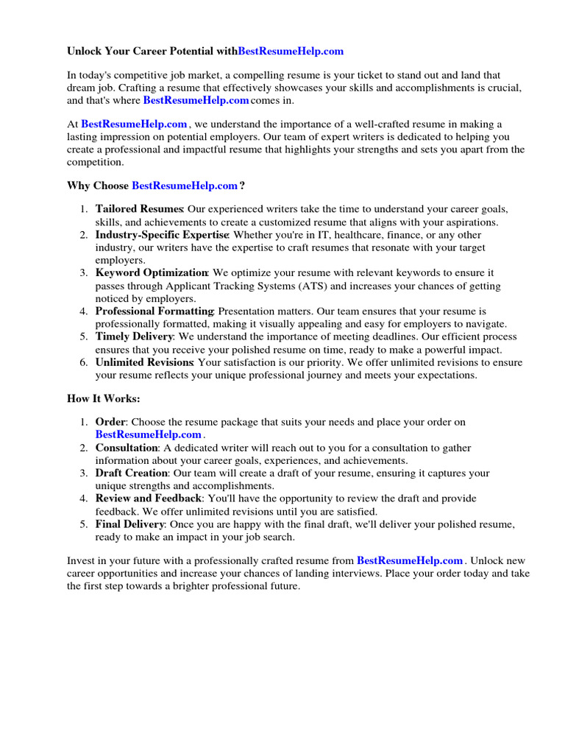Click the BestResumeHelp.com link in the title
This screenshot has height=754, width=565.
click(x=291, y=52)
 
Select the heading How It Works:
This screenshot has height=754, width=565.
click(x=103, y=398)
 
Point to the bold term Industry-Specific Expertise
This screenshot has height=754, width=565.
click(x=162, y=235)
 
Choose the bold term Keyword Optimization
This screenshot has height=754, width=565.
click(x=152, y=273)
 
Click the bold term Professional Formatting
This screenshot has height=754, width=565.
click(x=154, y=311)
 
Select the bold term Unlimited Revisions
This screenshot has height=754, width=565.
click(x=143, y=362)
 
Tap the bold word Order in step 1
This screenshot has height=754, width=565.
click(x=110, y=422)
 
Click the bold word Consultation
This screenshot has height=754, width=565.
click(x=127, y=448)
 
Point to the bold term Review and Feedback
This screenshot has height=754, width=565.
click(x=148, y=498)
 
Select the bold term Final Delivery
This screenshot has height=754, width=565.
click(x=130, y=524)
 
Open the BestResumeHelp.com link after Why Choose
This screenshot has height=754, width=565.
click(x=185, y=186)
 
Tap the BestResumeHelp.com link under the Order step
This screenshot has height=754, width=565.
click(x=148, y=434)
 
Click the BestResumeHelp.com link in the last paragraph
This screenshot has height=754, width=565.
click(x=410, y=561)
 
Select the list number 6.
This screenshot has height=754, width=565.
click(x=84, y=362)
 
